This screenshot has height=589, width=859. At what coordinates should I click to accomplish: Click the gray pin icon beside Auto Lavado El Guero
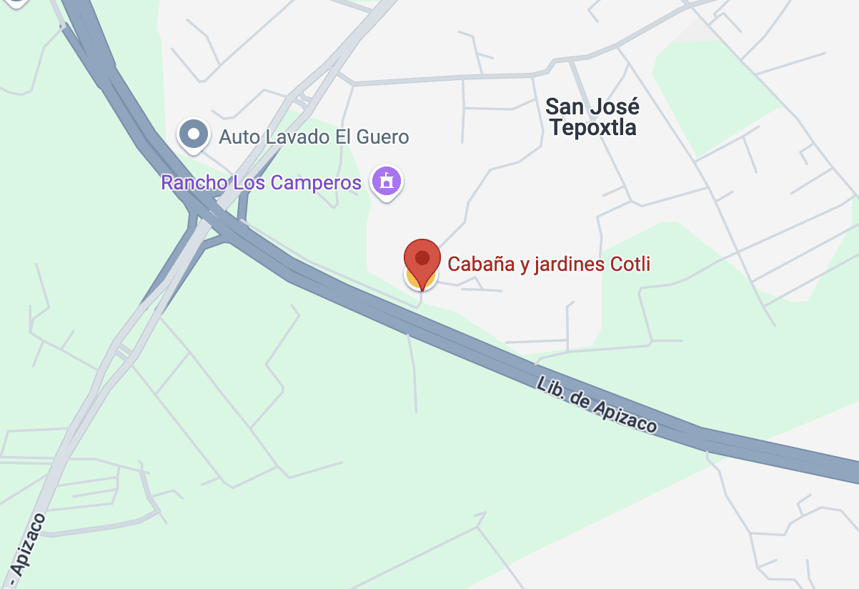pyautogui.click(x=193, y=134)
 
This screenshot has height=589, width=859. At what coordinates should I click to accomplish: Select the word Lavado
pyautogui.click(x=293, y=137)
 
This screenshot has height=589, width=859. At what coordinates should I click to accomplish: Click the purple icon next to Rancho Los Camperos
pyautogui.click(x=387, y=182)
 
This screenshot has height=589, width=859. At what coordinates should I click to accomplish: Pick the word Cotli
pyautogui.click(x=630, y=264)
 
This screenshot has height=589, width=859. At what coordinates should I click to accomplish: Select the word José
pyautogui.click(x=615, y=107)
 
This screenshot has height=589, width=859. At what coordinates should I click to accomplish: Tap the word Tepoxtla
pyautogui.click(x=592, y=128)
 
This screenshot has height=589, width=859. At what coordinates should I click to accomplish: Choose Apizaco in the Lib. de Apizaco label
pyautogui.click(x=623, y=418)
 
